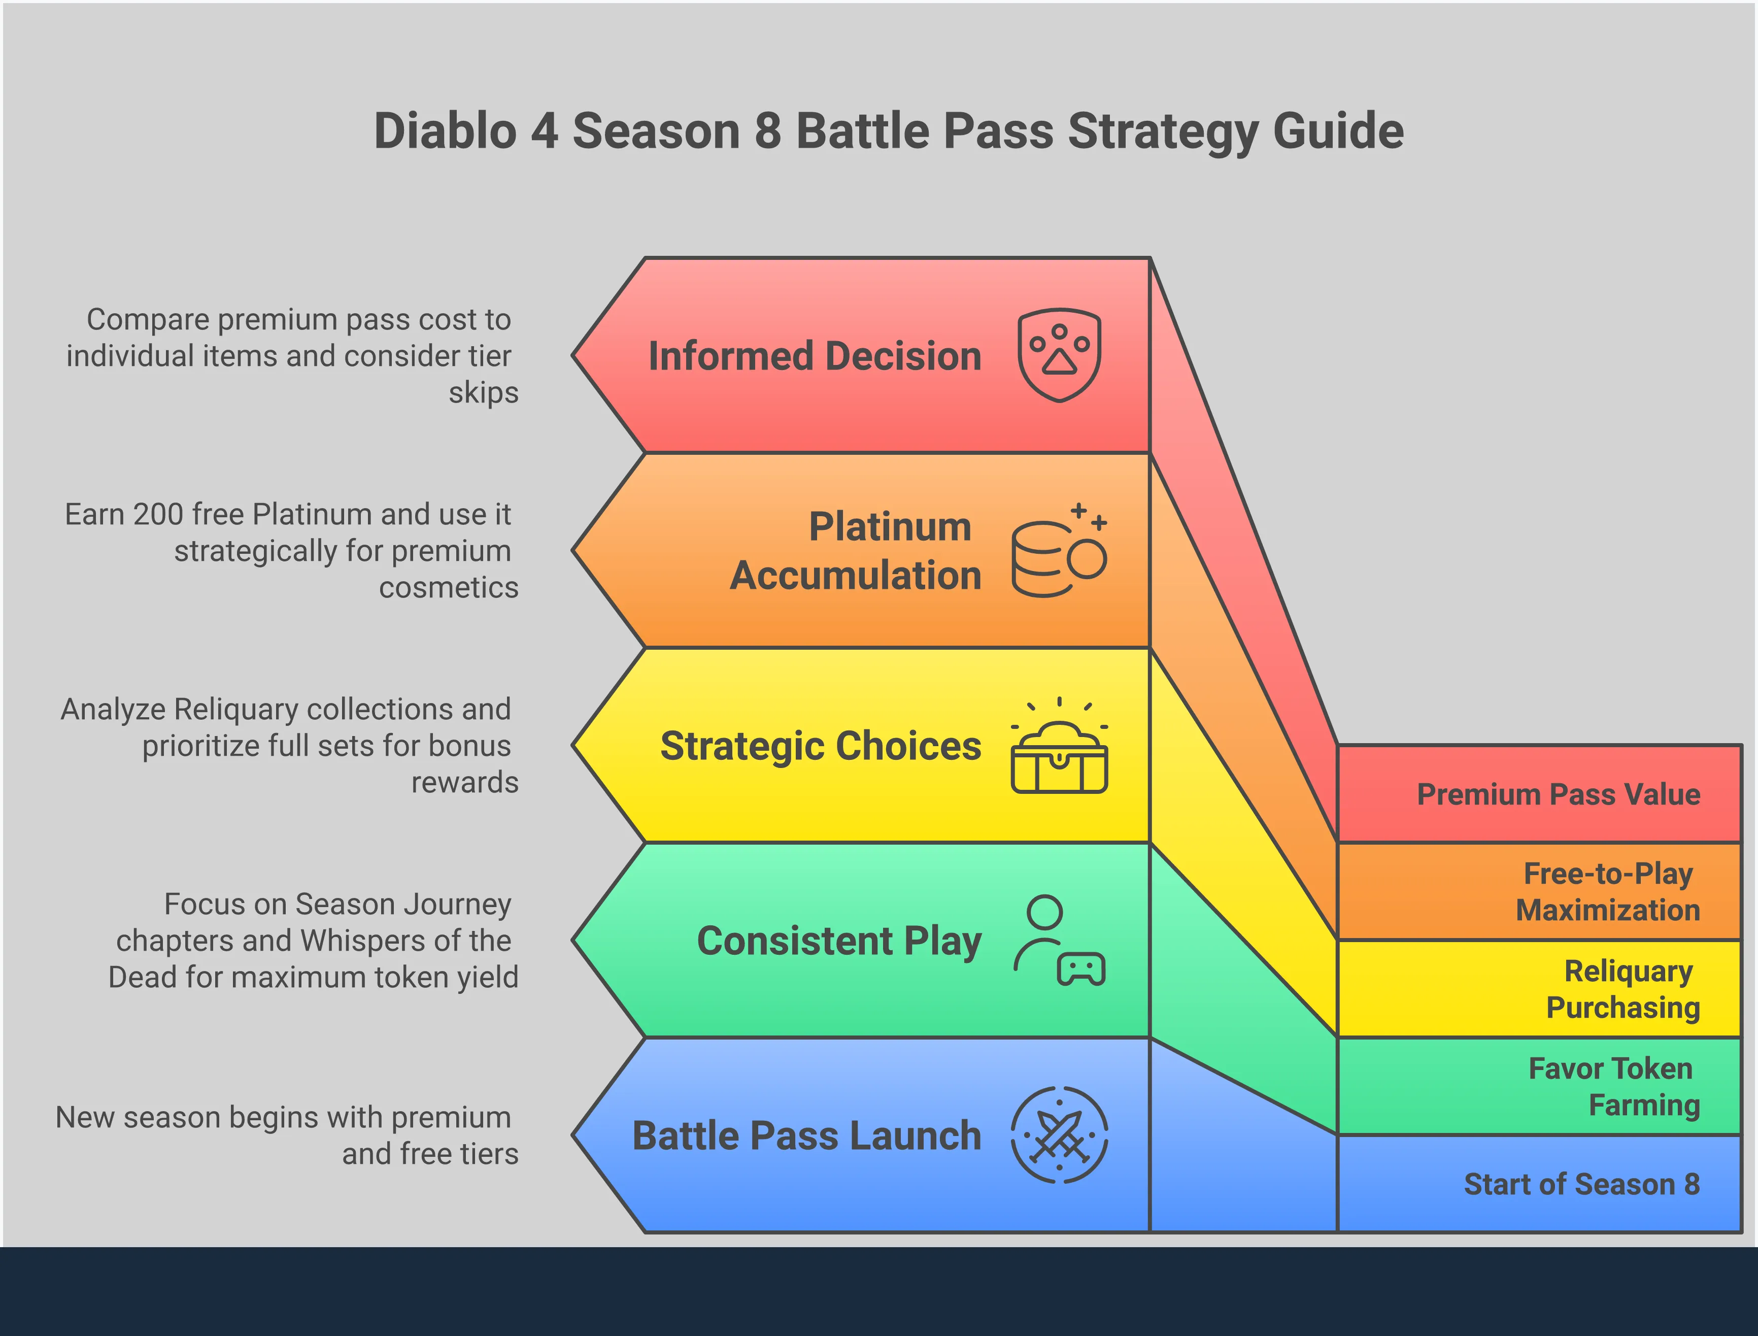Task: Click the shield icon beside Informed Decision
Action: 1059,355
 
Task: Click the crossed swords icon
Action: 1059,1135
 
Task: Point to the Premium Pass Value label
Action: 1559,794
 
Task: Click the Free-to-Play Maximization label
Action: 1608,891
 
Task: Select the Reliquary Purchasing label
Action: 1623,989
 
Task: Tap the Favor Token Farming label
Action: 1614,1086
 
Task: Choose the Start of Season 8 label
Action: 1581,1184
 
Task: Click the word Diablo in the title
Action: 445,130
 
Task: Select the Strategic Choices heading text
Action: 821,747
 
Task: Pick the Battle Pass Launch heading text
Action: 806,1135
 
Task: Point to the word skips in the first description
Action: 484,393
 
